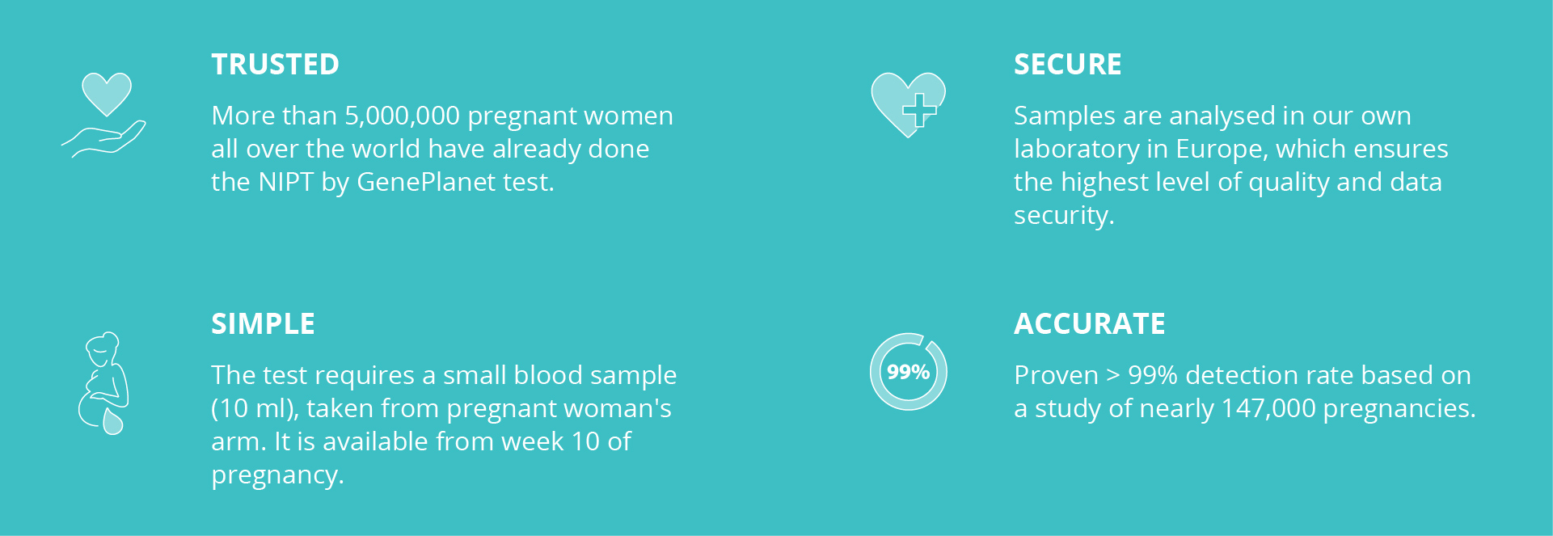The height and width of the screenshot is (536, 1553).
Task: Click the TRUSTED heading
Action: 275,65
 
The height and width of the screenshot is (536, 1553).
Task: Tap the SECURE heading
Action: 1067,65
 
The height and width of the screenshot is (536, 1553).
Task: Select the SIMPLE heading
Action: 263,324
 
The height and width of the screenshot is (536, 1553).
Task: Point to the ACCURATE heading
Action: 1089,324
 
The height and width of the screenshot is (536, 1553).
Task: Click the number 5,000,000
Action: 403,116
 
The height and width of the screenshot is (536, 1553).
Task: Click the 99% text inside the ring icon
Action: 908,372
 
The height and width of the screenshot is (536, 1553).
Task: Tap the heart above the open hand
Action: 107,94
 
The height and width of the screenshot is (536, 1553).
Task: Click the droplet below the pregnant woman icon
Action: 113,421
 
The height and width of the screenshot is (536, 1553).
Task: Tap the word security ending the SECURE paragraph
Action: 1064,216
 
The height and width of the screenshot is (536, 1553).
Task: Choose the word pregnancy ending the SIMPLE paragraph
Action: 277,475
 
